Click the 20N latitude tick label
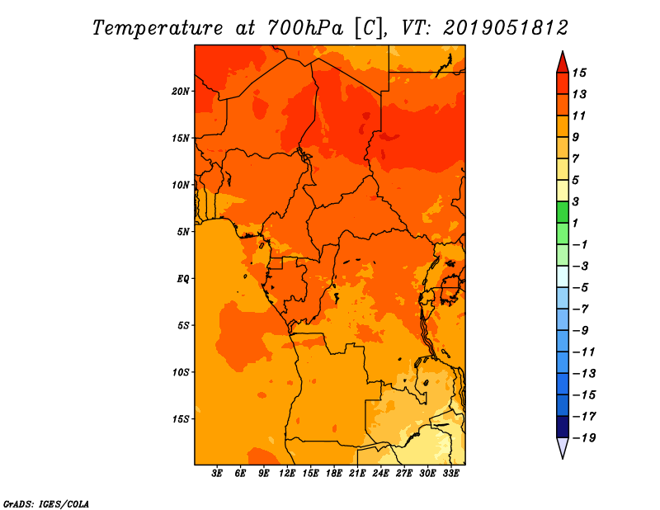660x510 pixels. click(x=180, y=92)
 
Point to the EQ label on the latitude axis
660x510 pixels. click(x=182, y=279)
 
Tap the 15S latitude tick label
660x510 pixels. click(x=181, y=419)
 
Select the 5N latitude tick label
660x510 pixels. click(x=182, y=232)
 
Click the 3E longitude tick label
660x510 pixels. click(x=216, y=473)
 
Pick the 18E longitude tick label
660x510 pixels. click(x=333, y=473)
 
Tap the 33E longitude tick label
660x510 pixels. click(x=450, y=473)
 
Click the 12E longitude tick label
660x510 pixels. click(x=286, y=473)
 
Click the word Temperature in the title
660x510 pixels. click(x=157, y=28)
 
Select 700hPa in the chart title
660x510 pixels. click(x=304, y=28)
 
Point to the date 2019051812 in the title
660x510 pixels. click(x=505, y=28)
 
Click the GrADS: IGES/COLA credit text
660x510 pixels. click(x=46, y=503)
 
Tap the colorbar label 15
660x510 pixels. click(x=579, y=73)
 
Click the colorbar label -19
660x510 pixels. click(x=584, y=438)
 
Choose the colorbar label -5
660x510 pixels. click(x=581, y=288)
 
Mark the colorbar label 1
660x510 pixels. click(x=575, y=223)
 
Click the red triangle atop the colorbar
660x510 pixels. click(x=563, y=64)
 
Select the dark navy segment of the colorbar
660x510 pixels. click(x=563, y=427)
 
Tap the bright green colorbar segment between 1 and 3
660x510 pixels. click(x=563, y=212)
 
